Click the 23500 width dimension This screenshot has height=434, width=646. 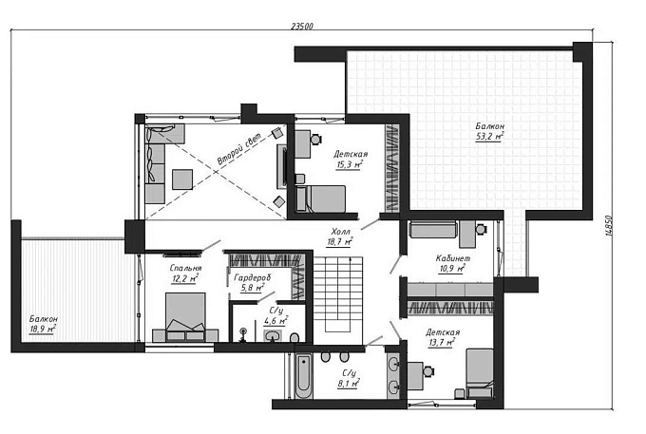click(x=302, y=26)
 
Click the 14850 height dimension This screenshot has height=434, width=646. click(x=609, y=225)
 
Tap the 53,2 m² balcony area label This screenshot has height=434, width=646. click(x=490, y=137)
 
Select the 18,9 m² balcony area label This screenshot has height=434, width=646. click(x=43, y=329)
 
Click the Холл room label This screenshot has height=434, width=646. click(x=341, y=231)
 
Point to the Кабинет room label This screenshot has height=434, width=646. click(x=453, y=258)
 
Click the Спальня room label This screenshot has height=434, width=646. click(x=185, y=268)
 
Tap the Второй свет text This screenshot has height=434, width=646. click(x=239, y=149)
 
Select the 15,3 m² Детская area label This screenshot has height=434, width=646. click(x=349, y=165)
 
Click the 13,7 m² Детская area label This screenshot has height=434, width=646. click(x=441, y=343)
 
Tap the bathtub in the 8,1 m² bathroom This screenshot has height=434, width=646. click(x=304, y=377)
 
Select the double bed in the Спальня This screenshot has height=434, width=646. click(x=185, y=317)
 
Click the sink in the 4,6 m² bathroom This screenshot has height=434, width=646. click(x=273, y=335)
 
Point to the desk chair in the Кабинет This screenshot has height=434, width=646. click(x=482, y=229)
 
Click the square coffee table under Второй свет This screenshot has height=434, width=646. click(x=182, y=179)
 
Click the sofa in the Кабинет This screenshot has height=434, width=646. click(x=433, y=230)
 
